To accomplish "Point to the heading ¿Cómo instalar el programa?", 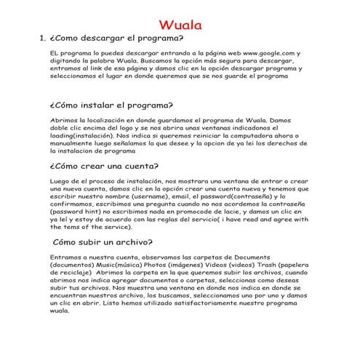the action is coord(111,104).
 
